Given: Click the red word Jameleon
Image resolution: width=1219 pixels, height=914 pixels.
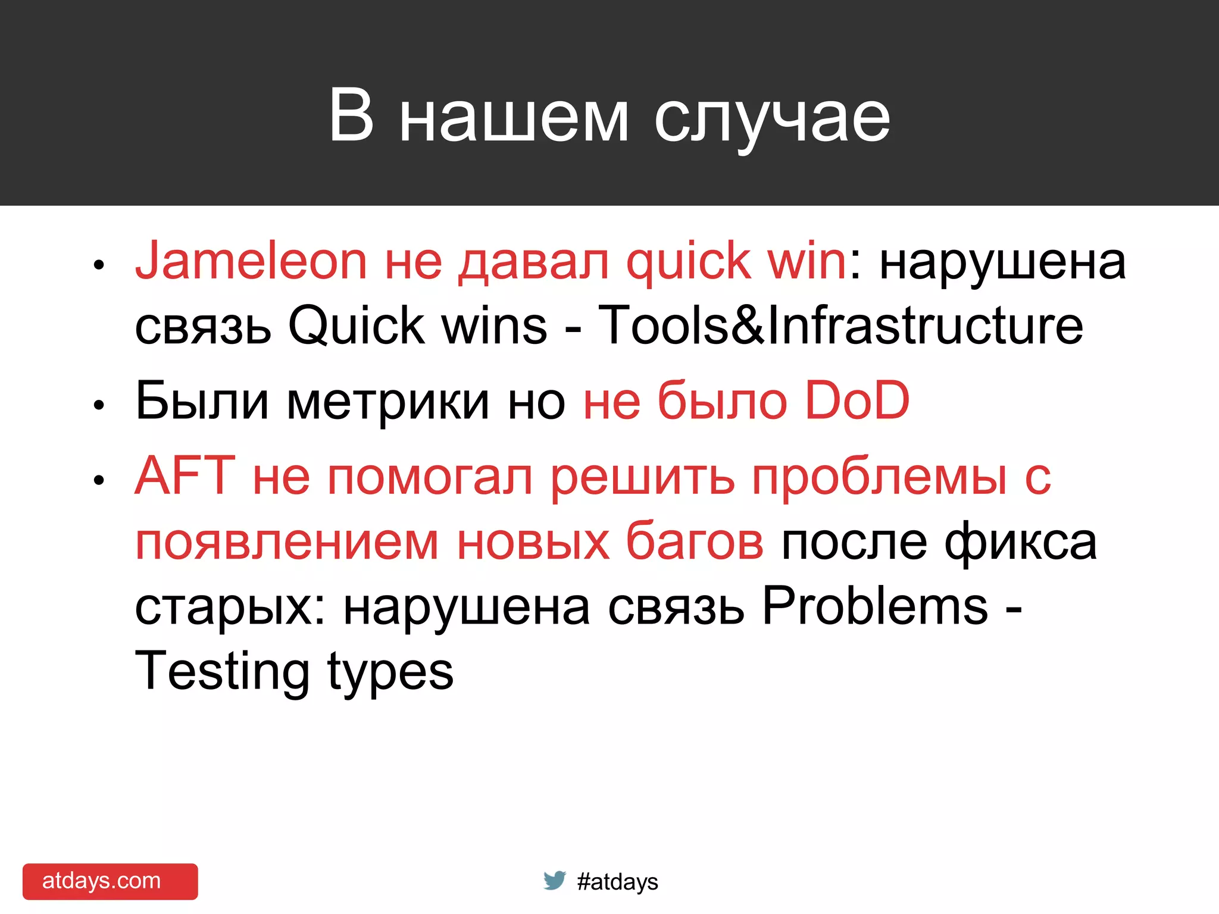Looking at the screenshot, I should coord(251,261).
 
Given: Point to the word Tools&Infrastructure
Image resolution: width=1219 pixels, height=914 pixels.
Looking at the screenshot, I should coord(840,325).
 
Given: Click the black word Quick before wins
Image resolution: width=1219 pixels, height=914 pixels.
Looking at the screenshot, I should coord(356,327).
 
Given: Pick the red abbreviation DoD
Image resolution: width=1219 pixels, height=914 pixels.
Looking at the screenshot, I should coord(857,400).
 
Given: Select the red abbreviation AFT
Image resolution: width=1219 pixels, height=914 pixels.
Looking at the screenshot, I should coord(185,475).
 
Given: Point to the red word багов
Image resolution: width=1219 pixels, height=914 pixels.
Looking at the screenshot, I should coord(695,541).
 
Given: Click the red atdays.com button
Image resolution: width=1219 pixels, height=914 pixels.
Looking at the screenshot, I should coord(110,881).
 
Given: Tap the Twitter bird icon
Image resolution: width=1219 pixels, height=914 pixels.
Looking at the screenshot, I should coord(554,880).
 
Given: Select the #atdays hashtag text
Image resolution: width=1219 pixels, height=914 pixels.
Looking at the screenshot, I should coord(617,882).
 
